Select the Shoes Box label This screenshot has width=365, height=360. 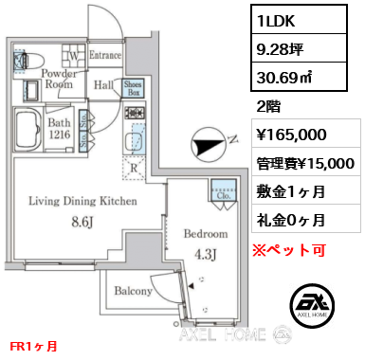[x=133, y=88]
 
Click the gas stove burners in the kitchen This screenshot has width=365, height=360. [x=135, y=113]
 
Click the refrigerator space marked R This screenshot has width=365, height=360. [x=134, y=168]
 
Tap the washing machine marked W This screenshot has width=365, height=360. [x=74, y=54]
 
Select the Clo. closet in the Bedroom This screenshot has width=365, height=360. [x=224, y=190]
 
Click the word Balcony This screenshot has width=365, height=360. [x=133, y=291]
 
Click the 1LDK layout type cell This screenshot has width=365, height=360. [x=299, y=20]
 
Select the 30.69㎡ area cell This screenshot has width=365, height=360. [x=299, y=77]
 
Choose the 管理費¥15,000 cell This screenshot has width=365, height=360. [x=306, y=162]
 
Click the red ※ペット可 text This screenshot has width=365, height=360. [x=289, y=250]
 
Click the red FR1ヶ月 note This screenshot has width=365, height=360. [x=33, y=347]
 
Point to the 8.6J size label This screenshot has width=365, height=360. [x=82, y=223]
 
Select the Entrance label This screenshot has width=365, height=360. [x=105, y=55]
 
